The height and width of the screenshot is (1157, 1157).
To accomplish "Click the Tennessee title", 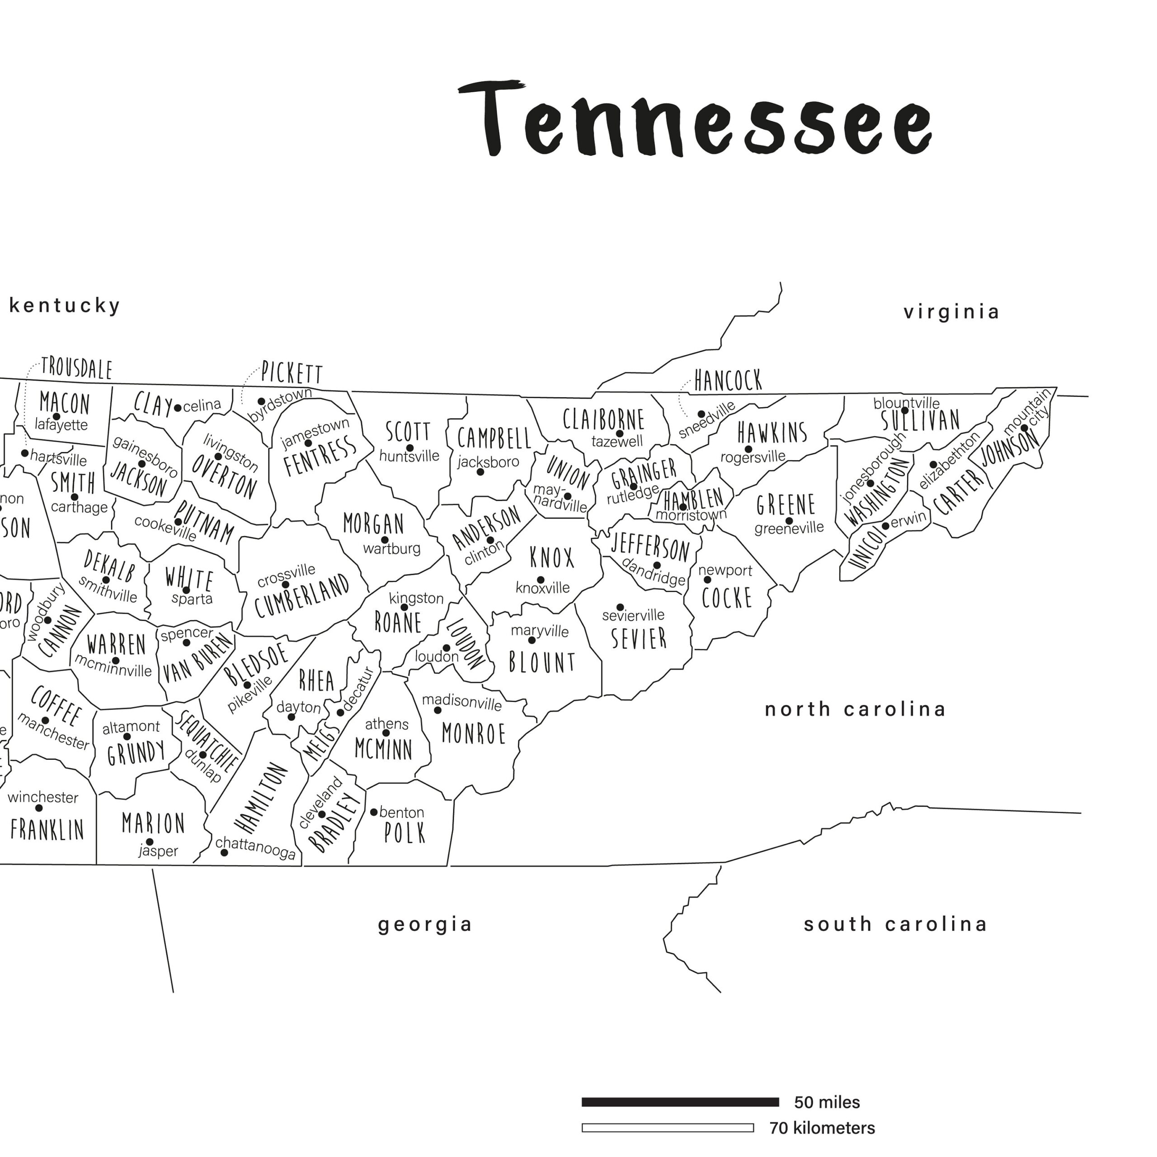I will [695, 120].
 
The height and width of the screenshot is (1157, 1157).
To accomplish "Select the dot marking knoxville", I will [540, 580].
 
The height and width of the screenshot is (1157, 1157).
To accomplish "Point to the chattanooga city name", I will [256, 848].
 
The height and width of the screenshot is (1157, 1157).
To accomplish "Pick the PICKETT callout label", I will [292, 374].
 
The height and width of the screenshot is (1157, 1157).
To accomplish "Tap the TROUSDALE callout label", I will [77, 369].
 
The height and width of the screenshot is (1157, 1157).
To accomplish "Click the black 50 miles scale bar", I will [680, 1102].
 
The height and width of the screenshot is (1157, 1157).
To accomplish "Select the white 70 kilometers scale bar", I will [668, 1128].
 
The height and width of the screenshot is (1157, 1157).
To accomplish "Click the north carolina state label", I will [855, 710].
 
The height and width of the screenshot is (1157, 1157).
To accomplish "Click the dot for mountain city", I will [1025, 428].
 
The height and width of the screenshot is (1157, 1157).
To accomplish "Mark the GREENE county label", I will [785, 505].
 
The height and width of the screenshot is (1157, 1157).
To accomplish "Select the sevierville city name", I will [633, 615].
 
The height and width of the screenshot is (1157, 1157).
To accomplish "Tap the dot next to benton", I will [374, 812].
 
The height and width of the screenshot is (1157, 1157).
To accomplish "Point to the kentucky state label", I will [65, 306].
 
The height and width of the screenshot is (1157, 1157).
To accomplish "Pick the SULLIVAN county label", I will [921, 420].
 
